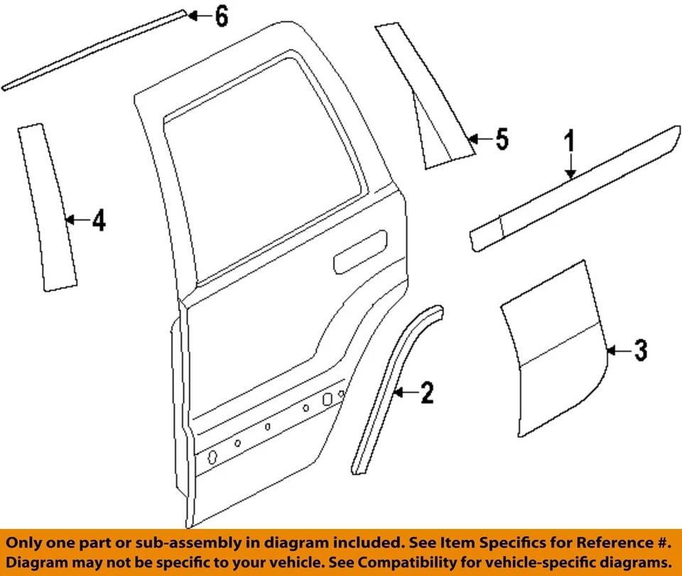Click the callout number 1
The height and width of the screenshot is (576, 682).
pos(570,141)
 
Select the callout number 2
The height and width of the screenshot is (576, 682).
pos(426,392)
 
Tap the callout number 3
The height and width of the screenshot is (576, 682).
pos(640,350)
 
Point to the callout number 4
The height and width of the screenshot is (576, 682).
pos(99,221)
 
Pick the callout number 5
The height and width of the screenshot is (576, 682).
pos(502,139)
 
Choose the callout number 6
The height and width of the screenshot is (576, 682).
pos(222,16)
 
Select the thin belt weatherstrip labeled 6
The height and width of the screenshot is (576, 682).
pos(92,50)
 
